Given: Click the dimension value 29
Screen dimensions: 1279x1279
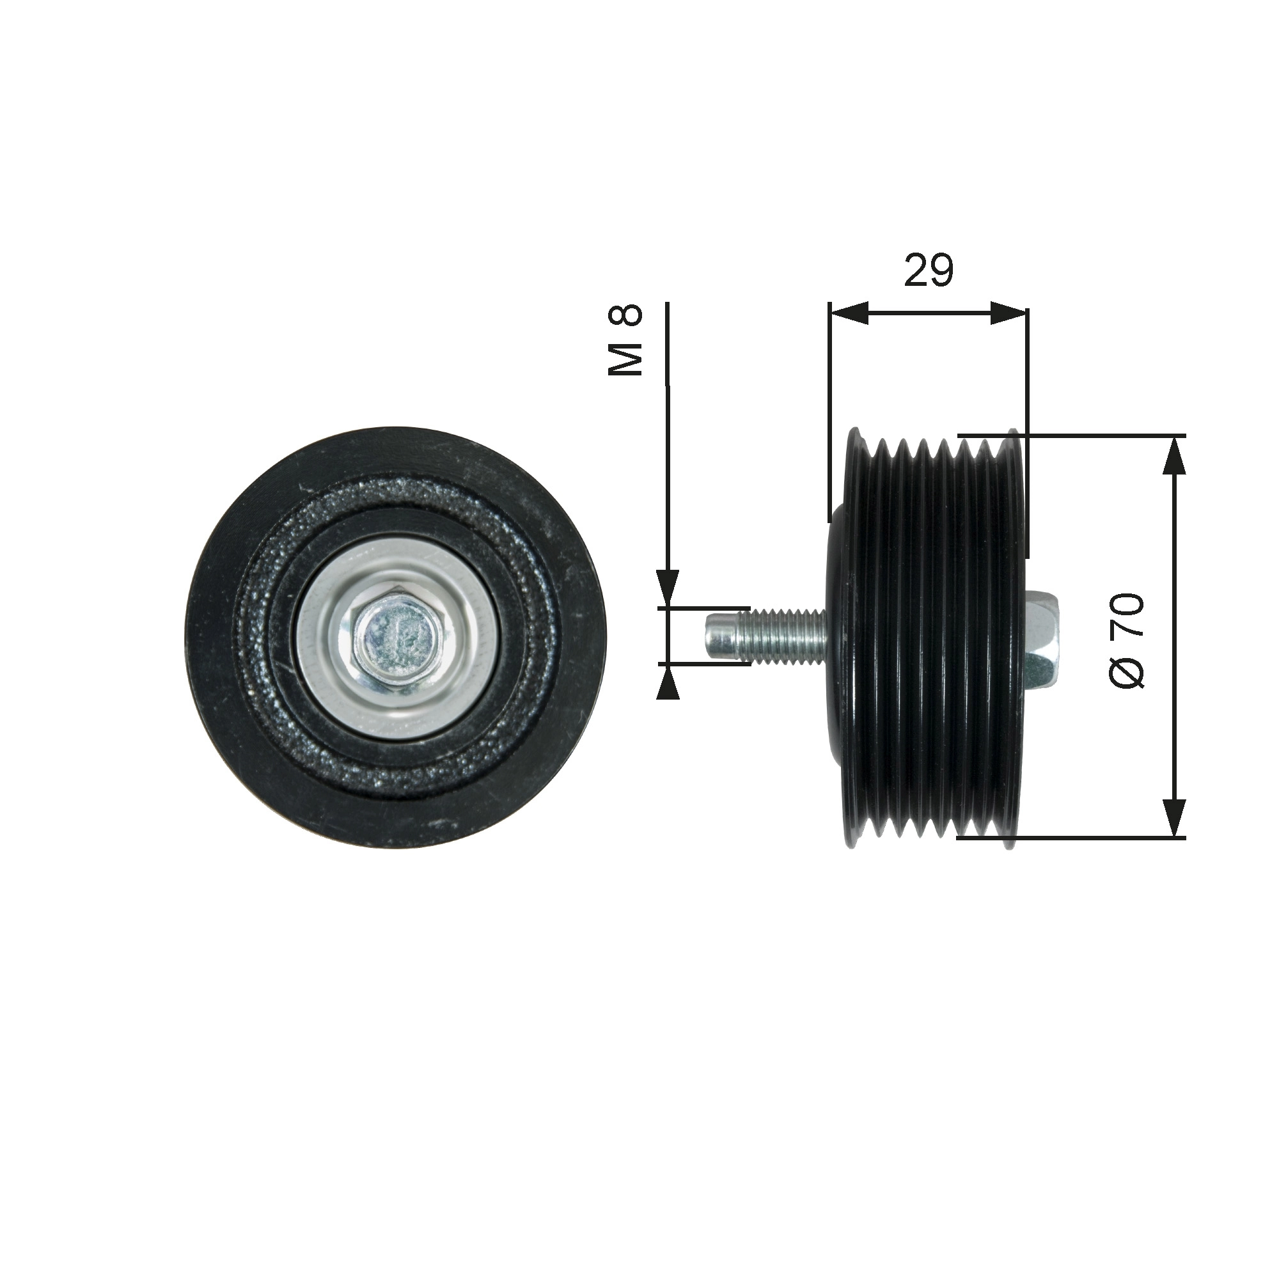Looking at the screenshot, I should pyautogui.click(x=929, y=270).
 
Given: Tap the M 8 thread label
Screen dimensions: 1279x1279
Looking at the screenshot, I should pyautogui.click(x=625, y=340).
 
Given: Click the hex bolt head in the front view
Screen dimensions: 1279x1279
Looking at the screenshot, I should pyautogui.click(x=396, y=639).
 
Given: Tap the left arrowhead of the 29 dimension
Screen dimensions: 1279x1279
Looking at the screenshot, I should pyautogui.click(x=849, y=313).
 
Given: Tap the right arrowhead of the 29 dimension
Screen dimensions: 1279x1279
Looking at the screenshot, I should pyautogui.click(x=1010, y=313).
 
